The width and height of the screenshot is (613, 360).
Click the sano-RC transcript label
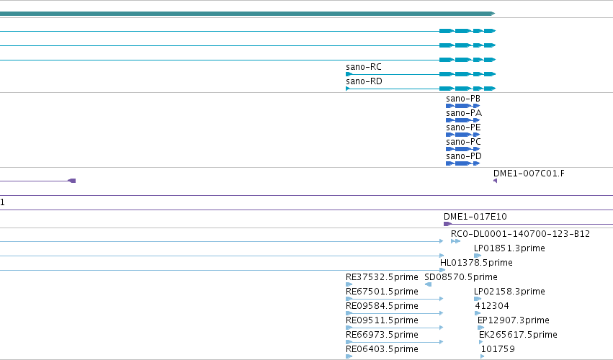pyautogui.click(x=364, y=67)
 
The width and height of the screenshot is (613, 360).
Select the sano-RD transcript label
pyautogui.click(x=364, y=81)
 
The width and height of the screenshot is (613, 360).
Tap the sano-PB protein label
pyautogui.click(x=463, y=99)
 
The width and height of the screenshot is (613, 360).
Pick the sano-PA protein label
pyautogui.click(x=464, y=113)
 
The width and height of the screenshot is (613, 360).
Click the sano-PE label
pyautogui.click(x=463, y=127)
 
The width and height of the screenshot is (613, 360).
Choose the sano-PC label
pyautogui.click(x=463, y=142)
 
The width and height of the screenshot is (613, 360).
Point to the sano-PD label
pyautogui.click(x=464, y=156)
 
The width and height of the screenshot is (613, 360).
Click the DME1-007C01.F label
pyautogui.click(x=529, y=174)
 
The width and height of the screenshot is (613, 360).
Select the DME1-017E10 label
pyautogui.click(x=475, y=217)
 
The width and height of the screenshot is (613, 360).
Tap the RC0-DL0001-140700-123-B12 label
pyautogui.click(x=520, y=234)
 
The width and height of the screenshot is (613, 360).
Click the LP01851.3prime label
pyautogui.click(x=509, y=248)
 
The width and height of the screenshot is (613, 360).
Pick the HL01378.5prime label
pyautogui.click(x=476, y=263)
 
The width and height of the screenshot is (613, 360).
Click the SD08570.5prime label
pyautogui.click(x=461, y=277)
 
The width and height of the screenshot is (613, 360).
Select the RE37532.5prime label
pyautogui.click(x=382, y=277)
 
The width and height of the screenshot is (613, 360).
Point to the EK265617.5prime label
pyautogui.click(x=518, y=335)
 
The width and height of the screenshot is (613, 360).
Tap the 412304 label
pyautogui.click(x=492, y=306)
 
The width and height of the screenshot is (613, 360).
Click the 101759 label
pyautogui.click(x=498, y=349)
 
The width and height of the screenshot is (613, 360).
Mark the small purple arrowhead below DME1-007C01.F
pyautogui.click(x=496, y=181)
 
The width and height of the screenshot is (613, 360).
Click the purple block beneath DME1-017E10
pyautogui.click(x=447, y=224)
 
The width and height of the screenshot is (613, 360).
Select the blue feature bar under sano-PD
pyautogui.click(x=463, y=163)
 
